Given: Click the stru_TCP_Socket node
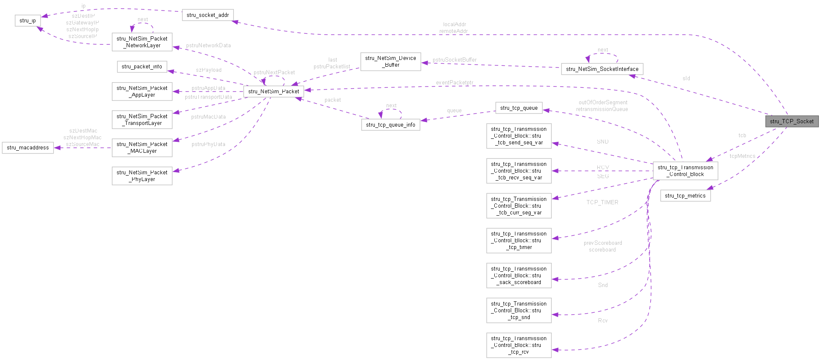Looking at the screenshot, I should (792, 121).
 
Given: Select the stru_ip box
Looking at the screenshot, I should (28, 20).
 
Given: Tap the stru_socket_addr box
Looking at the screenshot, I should (208, 15).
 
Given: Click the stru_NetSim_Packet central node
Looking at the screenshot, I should (274, 91).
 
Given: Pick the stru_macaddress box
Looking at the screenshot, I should (28, 148).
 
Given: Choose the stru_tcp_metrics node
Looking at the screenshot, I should (685, 195).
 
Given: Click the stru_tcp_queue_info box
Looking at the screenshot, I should (390, 125).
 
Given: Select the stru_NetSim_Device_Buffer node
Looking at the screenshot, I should (390, 62).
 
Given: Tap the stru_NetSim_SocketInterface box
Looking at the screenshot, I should (602, 69).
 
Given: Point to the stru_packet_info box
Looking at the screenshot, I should (142, 67).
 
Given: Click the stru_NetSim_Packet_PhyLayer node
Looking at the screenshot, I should (142, 176).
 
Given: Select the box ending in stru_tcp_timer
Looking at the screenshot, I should (519, 241).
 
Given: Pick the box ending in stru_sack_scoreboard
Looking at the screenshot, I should (519, 276).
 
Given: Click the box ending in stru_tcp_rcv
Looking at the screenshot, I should (519, 345).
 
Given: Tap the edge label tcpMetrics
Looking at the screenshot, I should (742, 156).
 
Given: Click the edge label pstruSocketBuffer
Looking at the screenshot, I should (454, 60).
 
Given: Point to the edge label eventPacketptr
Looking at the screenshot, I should (454, 83).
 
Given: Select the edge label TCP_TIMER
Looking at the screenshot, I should (602, 203).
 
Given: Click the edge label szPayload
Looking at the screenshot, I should (209, 70).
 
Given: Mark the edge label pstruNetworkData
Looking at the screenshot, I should (208, 46).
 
